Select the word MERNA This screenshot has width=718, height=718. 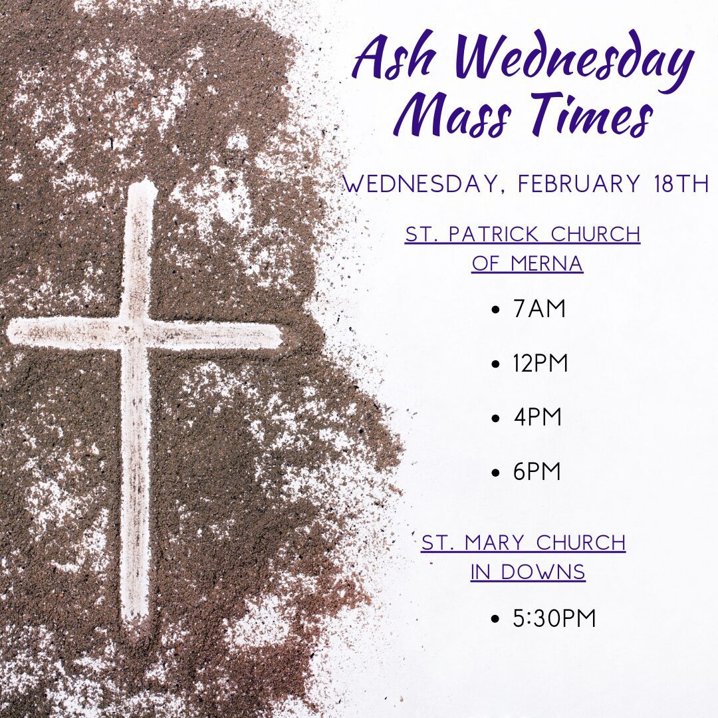546,263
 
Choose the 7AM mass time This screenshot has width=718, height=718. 539,308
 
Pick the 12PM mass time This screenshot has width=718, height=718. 540,363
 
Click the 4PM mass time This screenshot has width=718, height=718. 537,417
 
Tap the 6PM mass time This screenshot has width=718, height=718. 537,471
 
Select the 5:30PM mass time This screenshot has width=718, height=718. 554,618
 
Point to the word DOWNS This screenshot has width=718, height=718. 543,572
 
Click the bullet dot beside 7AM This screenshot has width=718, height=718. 495,310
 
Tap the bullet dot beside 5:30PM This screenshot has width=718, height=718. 495,620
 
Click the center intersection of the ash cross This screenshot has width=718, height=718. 136,332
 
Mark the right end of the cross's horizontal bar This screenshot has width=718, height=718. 281,337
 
